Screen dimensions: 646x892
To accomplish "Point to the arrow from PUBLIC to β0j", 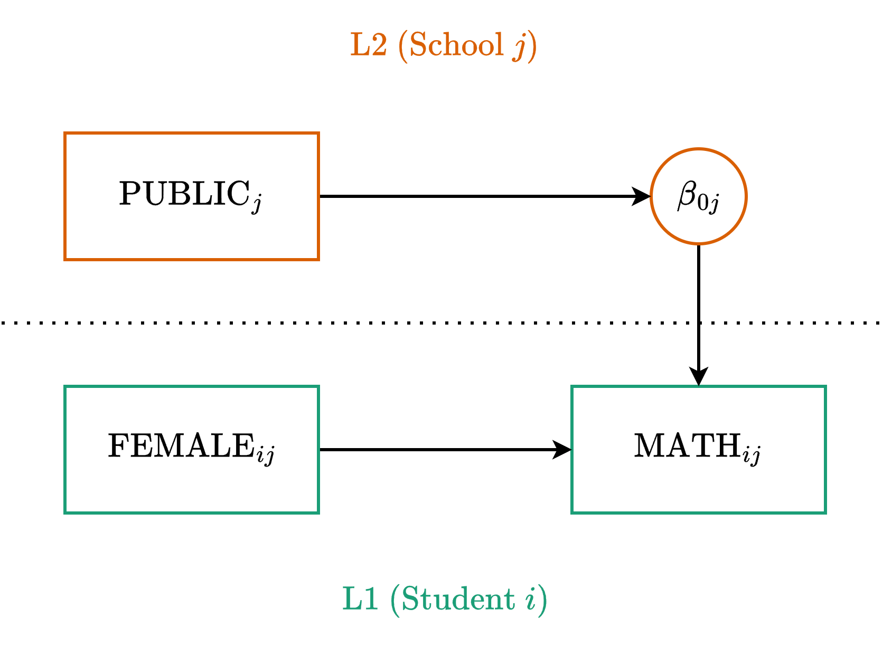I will tap(475, 196).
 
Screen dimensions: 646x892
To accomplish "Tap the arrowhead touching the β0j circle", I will tap(642, 196).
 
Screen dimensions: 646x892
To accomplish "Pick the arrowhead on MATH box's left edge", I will tap(562, 450).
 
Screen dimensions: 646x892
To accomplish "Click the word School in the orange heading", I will tap(456, 45).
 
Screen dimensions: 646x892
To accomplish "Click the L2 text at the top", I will tap(369, 45).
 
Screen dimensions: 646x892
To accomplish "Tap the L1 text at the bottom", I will tap(361, 599).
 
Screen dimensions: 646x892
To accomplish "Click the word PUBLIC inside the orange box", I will tap(184, 194).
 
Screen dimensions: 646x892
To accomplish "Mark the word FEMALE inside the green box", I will tap(182, 446).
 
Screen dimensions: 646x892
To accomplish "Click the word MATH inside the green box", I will tap(687, 446).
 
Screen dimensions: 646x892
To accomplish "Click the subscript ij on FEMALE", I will tap(265, 455).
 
